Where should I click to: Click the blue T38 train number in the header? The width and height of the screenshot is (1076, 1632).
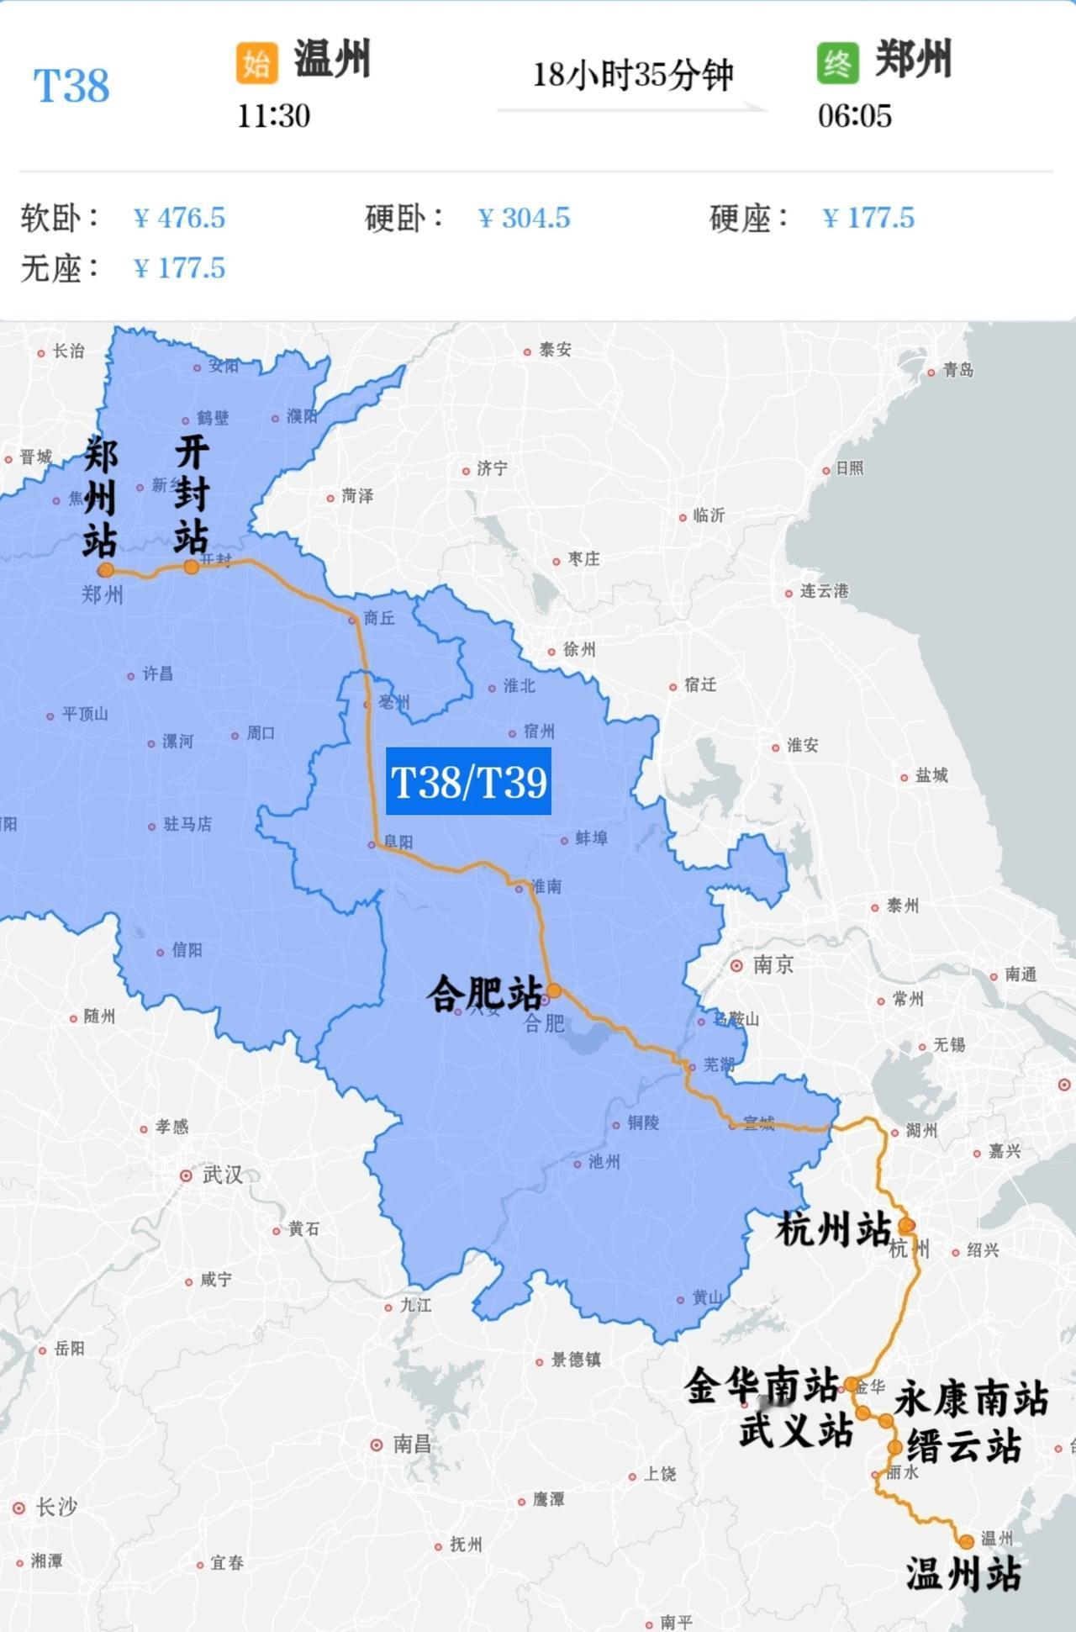pyautogui.click(x=71, y=86)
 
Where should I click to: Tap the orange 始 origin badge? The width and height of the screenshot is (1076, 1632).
pyautogui.click(x=256, y=63)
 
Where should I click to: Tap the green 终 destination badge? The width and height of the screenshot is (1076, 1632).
pyautogui.click(x=837, y=63)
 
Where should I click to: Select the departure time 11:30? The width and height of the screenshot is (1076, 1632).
pyautogui.click(x=273, y=116)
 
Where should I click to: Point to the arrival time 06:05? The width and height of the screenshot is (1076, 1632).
pyautogui.click(x=854, y=116)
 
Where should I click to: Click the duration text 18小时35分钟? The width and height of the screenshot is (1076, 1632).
pyautogui.click(x=632, y=75)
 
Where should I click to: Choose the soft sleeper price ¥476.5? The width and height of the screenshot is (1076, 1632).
pyautogui.click(x=179, y=218)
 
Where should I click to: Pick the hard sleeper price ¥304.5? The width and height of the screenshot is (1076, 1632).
pyautogui.click(x=524, y=218)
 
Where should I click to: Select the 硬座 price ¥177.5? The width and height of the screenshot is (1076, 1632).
pyautogui.click(x=868, y=218)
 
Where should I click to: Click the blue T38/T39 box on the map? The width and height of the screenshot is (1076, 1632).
pyautogui.click(x=468, y=781)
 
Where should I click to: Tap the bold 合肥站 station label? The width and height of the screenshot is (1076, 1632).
pyautogui.click(x=484, y=994)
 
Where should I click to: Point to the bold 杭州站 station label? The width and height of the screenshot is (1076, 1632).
pyautogui.click(x=832, y=1229)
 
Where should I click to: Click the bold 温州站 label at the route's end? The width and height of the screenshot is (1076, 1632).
pyautogui.click(x=963, y=1574)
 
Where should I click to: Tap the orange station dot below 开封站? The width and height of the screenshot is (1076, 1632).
pyautogui.click(x=192, y=567)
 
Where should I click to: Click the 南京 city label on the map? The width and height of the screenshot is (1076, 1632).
pyautogui.click(x=772, y=964)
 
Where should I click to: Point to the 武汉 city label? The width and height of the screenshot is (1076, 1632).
pyautogui.click(x=222, y=1175)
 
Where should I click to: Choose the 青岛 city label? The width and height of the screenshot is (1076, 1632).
pyautogui.click(x=957, y=370)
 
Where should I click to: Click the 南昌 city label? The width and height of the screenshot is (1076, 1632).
pyautogui.click(x=412, y=1445)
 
